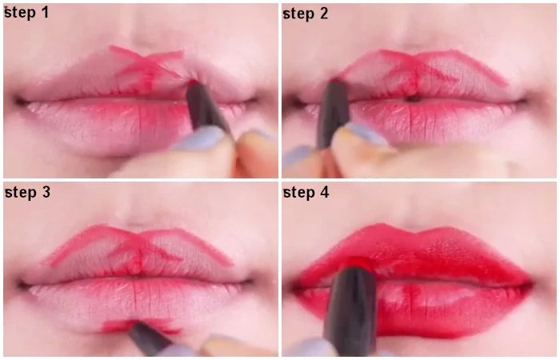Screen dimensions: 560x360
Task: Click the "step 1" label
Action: pos(26,13)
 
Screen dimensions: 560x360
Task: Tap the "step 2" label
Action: pos(306,14)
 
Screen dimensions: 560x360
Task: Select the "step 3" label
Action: pos(27,192)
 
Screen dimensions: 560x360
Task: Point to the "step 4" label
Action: pos(306,193)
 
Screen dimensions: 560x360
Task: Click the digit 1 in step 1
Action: pos(45,13)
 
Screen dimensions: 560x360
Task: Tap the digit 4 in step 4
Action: pos(324,192)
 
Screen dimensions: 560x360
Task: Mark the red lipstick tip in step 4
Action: pos(358,262)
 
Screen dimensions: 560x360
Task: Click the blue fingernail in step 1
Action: pos(200,138)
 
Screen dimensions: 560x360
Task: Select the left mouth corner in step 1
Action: pos(18,101)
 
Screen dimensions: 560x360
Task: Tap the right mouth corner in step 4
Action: pos(530,285)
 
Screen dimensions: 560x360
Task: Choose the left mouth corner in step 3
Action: pos(22,285)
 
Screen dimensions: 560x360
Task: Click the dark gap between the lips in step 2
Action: pos(414,99)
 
